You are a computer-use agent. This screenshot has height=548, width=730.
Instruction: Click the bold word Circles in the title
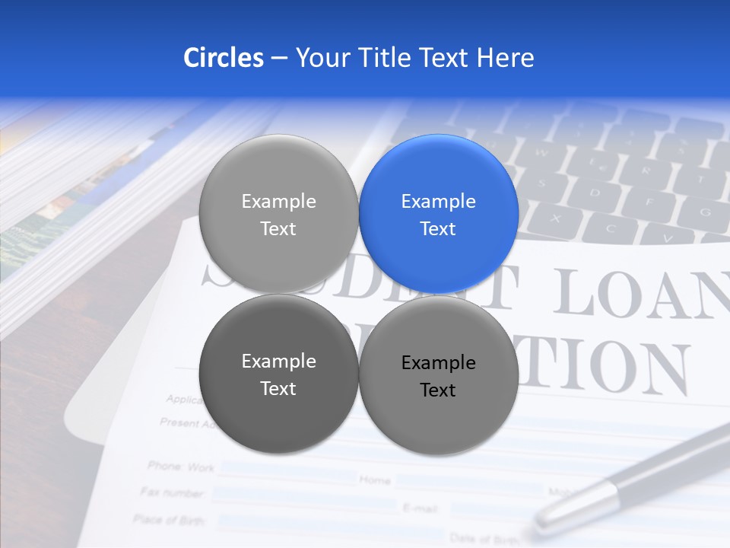(x=223, y=58)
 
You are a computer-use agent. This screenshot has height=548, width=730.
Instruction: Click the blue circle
(x=439, y=214)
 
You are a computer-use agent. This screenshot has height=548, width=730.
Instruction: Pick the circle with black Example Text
(x=439, y=375)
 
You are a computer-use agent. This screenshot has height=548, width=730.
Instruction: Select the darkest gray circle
(x=278, y=374)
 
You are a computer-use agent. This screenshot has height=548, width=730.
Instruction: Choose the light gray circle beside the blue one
(x=278, y=214)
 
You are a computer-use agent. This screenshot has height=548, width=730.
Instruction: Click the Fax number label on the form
(x=173, y=492)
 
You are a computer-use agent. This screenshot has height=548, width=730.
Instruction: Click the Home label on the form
(x=375, y=479)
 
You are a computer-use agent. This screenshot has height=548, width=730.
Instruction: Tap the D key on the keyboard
(x=595, y=192)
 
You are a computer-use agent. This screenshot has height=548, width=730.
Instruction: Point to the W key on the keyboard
(x=542, y=151)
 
